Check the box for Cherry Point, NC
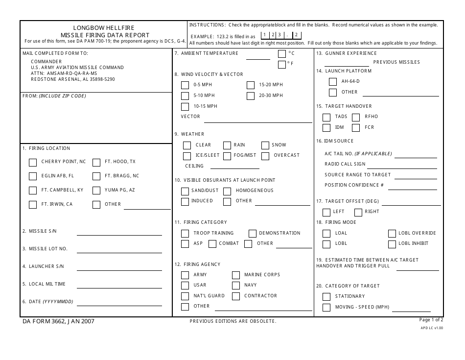(x=33, y=162)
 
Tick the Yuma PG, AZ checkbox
(x=96, y=191)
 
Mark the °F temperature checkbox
(x=282, y=64)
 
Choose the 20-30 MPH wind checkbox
(x=251, y=96)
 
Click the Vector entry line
(x=257, y=120)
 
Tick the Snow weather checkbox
(x=265, y=145)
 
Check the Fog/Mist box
(x=227, y=156)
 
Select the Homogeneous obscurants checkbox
(x=227, y=191)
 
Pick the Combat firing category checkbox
(x=212, y=244)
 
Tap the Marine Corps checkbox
(x=236, y=275)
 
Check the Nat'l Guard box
(x=185, y=296)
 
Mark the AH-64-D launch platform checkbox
(x=333, y=82)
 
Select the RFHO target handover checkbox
(x=356, y=117)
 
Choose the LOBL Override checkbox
(x=392, y=234)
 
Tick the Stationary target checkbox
(x=326, y=297)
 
